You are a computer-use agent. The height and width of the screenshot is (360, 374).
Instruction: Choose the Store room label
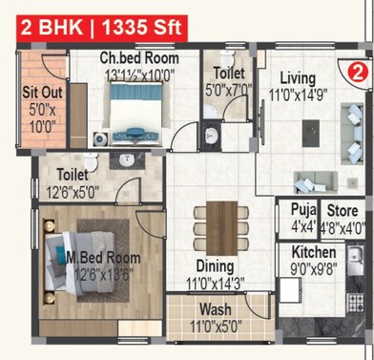click(343, 212)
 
